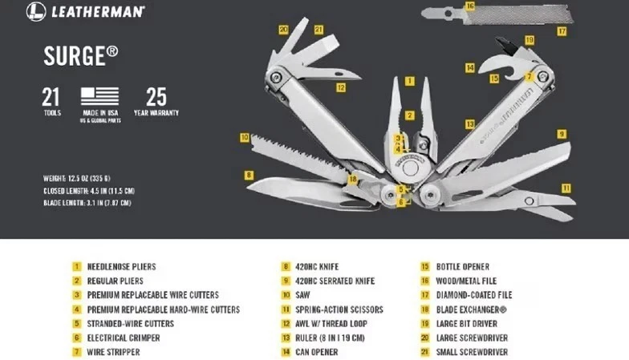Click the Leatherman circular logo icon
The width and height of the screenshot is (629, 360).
pyautogui.click(x=35, y=11)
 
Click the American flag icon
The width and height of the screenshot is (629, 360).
pyautogui.click(x=99, y=96)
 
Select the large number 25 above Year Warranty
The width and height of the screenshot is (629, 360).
pyautogui.click(x=156, y=97)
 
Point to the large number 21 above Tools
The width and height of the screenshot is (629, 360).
pyautogui.click(x=51, y=97)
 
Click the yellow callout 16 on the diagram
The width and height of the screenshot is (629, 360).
pyautogui.click(x=469, y=6)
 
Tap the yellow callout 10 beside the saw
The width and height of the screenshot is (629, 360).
pyautogui.click(x=244, y=137)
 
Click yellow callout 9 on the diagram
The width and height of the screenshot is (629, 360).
pyautogui.click(x=562, y=134)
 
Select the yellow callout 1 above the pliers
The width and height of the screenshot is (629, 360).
pyautogui.click(x=409, y=80)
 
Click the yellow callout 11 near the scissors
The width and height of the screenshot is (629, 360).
pyautogui.click(x=566, y=188)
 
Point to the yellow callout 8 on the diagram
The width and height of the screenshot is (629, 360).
pyautogui.click(x=250, y=175)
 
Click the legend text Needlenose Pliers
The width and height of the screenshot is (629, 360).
pyautogui.click(x=121, y=266)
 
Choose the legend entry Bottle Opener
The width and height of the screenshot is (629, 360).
pyautogui.click(x=462, y=266)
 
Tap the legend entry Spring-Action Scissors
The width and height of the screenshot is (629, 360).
pyautogui.click(x=339, y=309)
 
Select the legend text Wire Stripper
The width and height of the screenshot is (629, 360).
pyautogui.click(x=113, y=352)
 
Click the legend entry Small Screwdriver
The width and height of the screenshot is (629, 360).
pyautogui.click(x=472, y=352)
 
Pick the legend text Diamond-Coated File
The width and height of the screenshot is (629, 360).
pyautogui.click(x=473, y=295)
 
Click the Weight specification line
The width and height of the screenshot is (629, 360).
pyautogui.click(x=87, y=178)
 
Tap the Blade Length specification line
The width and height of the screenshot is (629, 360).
pyautogui.click(x=87, y=203)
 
